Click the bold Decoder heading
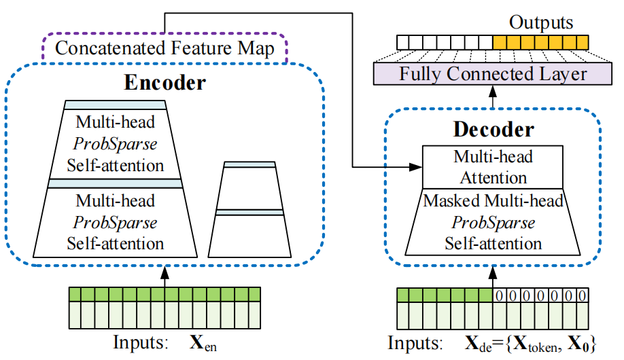493,129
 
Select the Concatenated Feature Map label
164,48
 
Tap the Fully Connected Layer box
493,73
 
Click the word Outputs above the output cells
541,22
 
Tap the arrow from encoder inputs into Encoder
164,275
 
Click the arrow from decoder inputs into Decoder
493,275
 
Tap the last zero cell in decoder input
582,295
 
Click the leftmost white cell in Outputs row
404,42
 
